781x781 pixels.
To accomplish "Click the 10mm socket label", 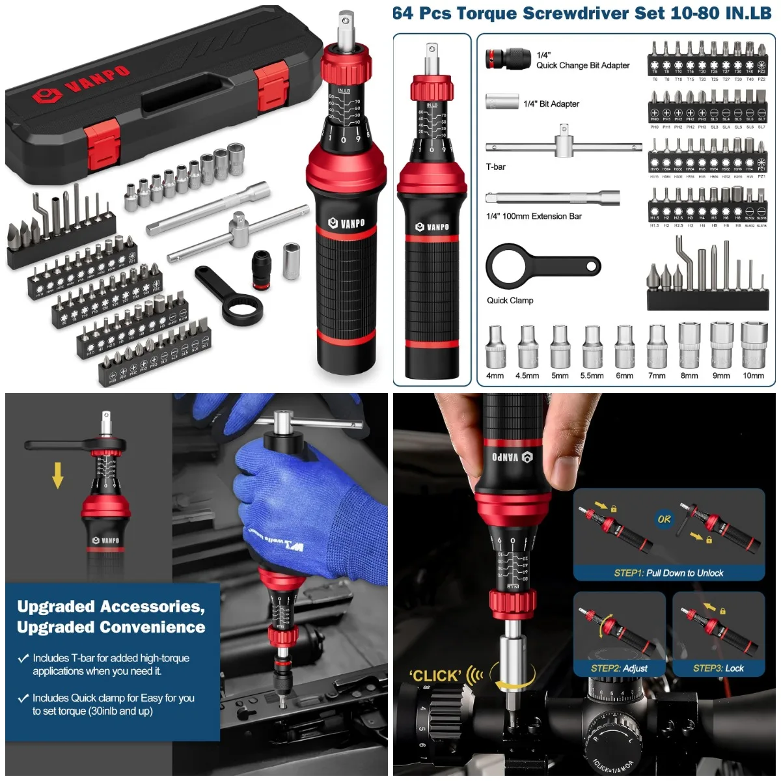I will [x=754, y=376].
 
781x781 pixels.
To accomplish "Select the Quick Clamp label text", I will [x=510, y=300].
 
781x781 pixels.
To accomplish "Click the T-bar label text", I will [x=496, y=167].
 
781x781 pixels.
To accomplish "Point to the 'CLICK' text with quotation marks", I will [x=435, y=676].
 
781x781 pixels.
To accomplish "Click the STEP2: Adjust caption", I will [x=619, y=668].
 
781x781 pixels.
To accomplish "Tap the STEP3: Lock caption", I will [x=718, y=668].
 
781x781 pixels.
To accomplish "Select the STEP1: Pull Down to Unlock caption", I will [x=668, y=573].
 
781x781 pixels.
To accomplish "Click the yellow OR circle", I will [x=664, y=519].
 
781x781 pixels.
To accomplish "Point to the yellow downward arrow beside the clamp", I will [x=58, y=474].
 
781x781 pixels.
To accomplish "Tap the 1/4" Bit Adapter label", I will [x=551, y=103].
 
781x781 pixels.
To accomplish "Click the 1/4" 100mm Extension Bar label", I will [x=534, y=216].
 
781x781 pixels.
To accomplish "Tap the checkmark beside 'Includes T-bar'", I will [x=23, y=659].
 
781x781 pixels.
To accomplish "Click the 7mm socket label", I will [x=657, y=376].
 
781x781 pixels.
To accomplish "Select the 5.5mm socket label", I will [x=592, y=376].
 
